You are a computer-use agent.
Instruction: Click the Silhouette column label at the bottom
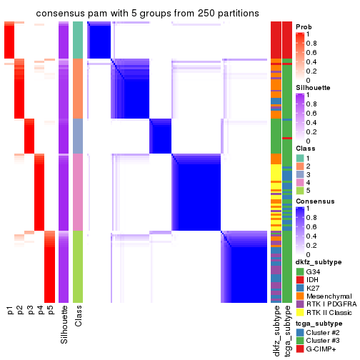[65, 321]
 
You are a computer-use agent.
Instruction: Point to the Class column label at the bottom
[79, 315]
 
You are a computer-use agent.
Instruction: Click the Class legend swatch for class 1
[299, 157]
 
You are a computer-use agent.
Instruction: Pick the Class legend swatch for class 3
[299, 174]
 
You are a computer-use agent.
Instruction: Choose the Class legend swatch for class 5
[299, 191]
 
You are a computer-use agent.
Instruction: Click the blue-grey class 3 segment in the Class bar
[79, 136]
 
